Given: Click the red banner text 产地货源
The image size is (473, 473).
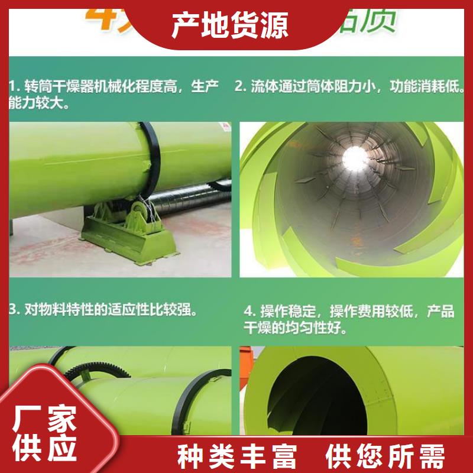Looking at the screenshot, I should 230,25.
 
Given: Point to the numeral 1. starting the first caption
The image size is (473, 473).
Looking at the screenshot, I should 15,87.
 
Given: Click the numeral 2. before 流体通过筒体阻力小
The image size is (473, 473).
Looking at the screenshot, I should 240,87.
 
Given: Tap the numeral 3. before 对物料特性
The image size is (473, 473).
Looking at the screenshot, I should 15,309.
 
